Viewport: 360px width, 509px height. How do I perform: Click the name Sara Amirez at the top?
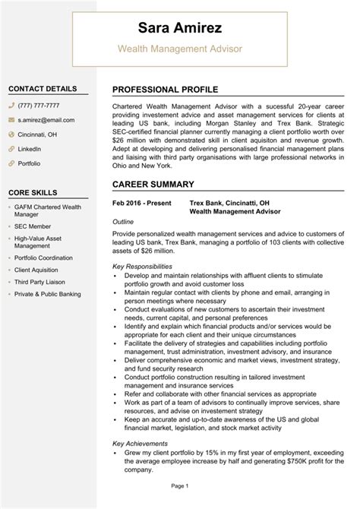180,29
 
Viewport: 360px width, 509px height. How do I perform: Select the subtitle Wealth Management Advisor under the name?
179,49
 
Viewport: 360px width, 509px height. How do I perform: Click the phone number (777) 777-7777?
40,106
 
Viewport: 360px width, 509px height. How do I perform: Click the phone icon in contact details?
11,106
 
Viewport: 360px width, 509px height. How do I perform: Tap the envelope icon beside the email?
11,120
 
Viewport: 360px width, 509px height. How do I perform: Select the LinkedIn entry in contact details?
30,149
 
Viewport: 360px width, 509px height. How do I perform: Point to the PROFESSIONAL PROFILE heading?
165,90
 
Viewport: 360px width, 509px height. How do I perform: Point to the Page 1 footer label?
179,485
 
